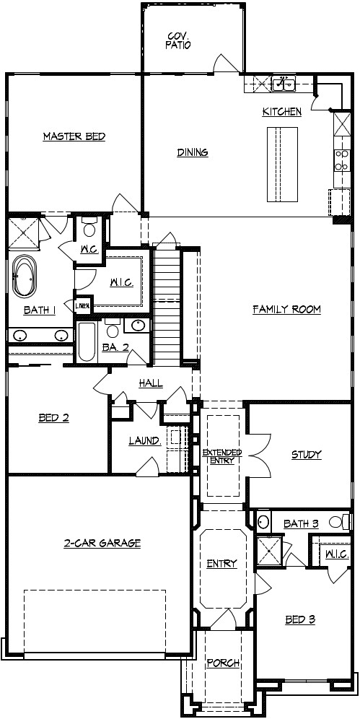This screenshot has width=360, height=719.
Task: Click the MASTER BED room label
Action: tap(74, 136)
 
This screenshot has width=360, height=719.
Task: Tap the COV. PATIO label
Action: tap(179, 40)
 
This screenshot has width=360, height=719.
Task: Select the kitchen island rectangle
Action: tap(283, 164)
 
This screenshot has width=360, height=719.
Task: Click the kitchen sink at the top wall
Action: tap(284, 84)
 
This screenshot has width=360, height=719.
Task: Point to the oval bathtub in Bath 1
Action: tap(25, 277)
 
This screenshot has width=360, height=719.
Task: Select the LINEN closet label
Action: tap(83, 306)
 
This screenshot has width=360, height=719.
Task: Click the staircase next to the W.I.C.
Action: tap(165, 303)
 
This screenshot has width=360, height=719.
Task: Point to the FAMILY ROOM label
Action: tap(286, 310)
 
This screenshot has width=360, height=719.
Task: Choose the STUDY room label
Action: tap(306, 455)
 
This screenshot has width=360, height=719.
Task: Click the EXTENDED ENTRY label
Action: tap(221, 456)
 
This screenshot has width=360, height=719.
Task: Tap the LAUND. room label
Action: tap(144, 440)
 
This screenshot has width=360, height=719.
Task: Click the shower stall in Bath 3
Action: tap(271, 552)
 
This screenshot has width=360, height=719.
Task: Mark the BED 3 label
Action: tap(300, 619)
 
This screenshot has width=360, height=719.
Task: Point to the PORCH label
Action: tap(223, 663)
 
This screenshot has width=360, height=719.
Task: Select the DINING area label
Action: tap(193, 152)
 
